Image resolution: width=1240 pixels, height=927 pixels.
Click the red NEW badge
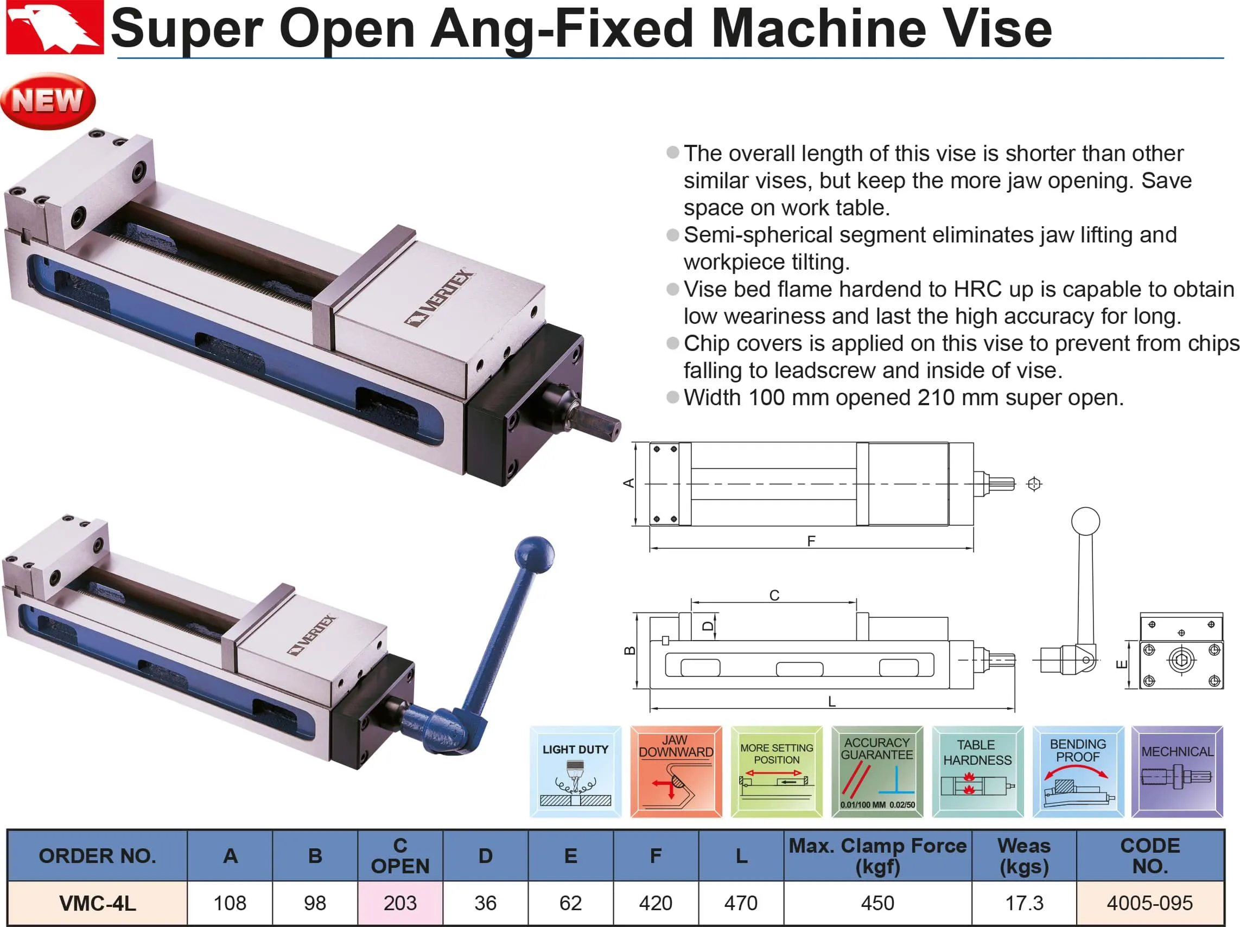(x=48, y=101)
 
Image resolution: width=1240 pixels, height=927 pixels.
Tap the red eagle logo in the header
(x=54, y=28)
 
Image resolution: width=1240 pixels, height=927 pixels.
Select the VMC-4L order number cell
(x=98, y=903)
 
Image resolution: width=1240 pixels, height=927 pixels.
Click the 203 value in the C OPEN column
(x=400, y=903)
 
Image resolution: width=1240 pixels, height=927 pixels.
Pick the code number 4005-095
(x=1149, y=903)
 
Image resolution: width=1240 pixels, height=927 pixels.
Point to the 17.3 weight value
(x=1023, y=903)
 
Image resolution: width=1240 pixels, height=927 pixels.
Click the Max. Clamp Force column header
(x=877, y=855)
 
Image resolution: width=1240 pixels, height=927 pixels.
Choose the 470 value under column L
(x=741, y=903)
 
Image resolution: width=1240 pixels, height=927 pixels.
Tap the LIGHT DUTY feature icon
(x=575, y=772)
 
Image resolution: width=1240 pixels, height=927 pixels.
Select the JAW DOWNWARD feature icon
(x=676, y=772)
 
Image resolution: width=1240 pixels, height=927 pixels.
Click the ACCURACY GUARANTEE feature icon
(x=877, y=772)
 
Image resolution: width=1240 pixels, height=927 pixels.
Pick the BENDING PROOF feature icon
(x=1077, y=772)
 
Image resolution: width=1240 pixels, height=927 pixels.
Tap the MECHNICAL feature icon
(x=1177, y=772)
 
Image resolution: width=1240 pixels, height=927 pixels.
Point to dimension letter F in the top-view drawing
(x=811, y=541)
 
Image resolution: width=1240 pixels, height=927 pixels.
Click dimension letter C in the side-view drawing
(x=774, y=595)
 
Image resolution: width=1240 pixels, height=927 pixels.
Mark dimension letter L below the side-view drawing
(x=832, y=701)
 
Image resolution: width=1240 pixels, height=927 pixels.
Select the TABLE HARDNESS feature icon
(x=977, y=772)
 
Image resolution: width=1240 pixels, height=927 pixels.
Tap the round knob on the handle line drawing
(x=1085, y=521)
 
